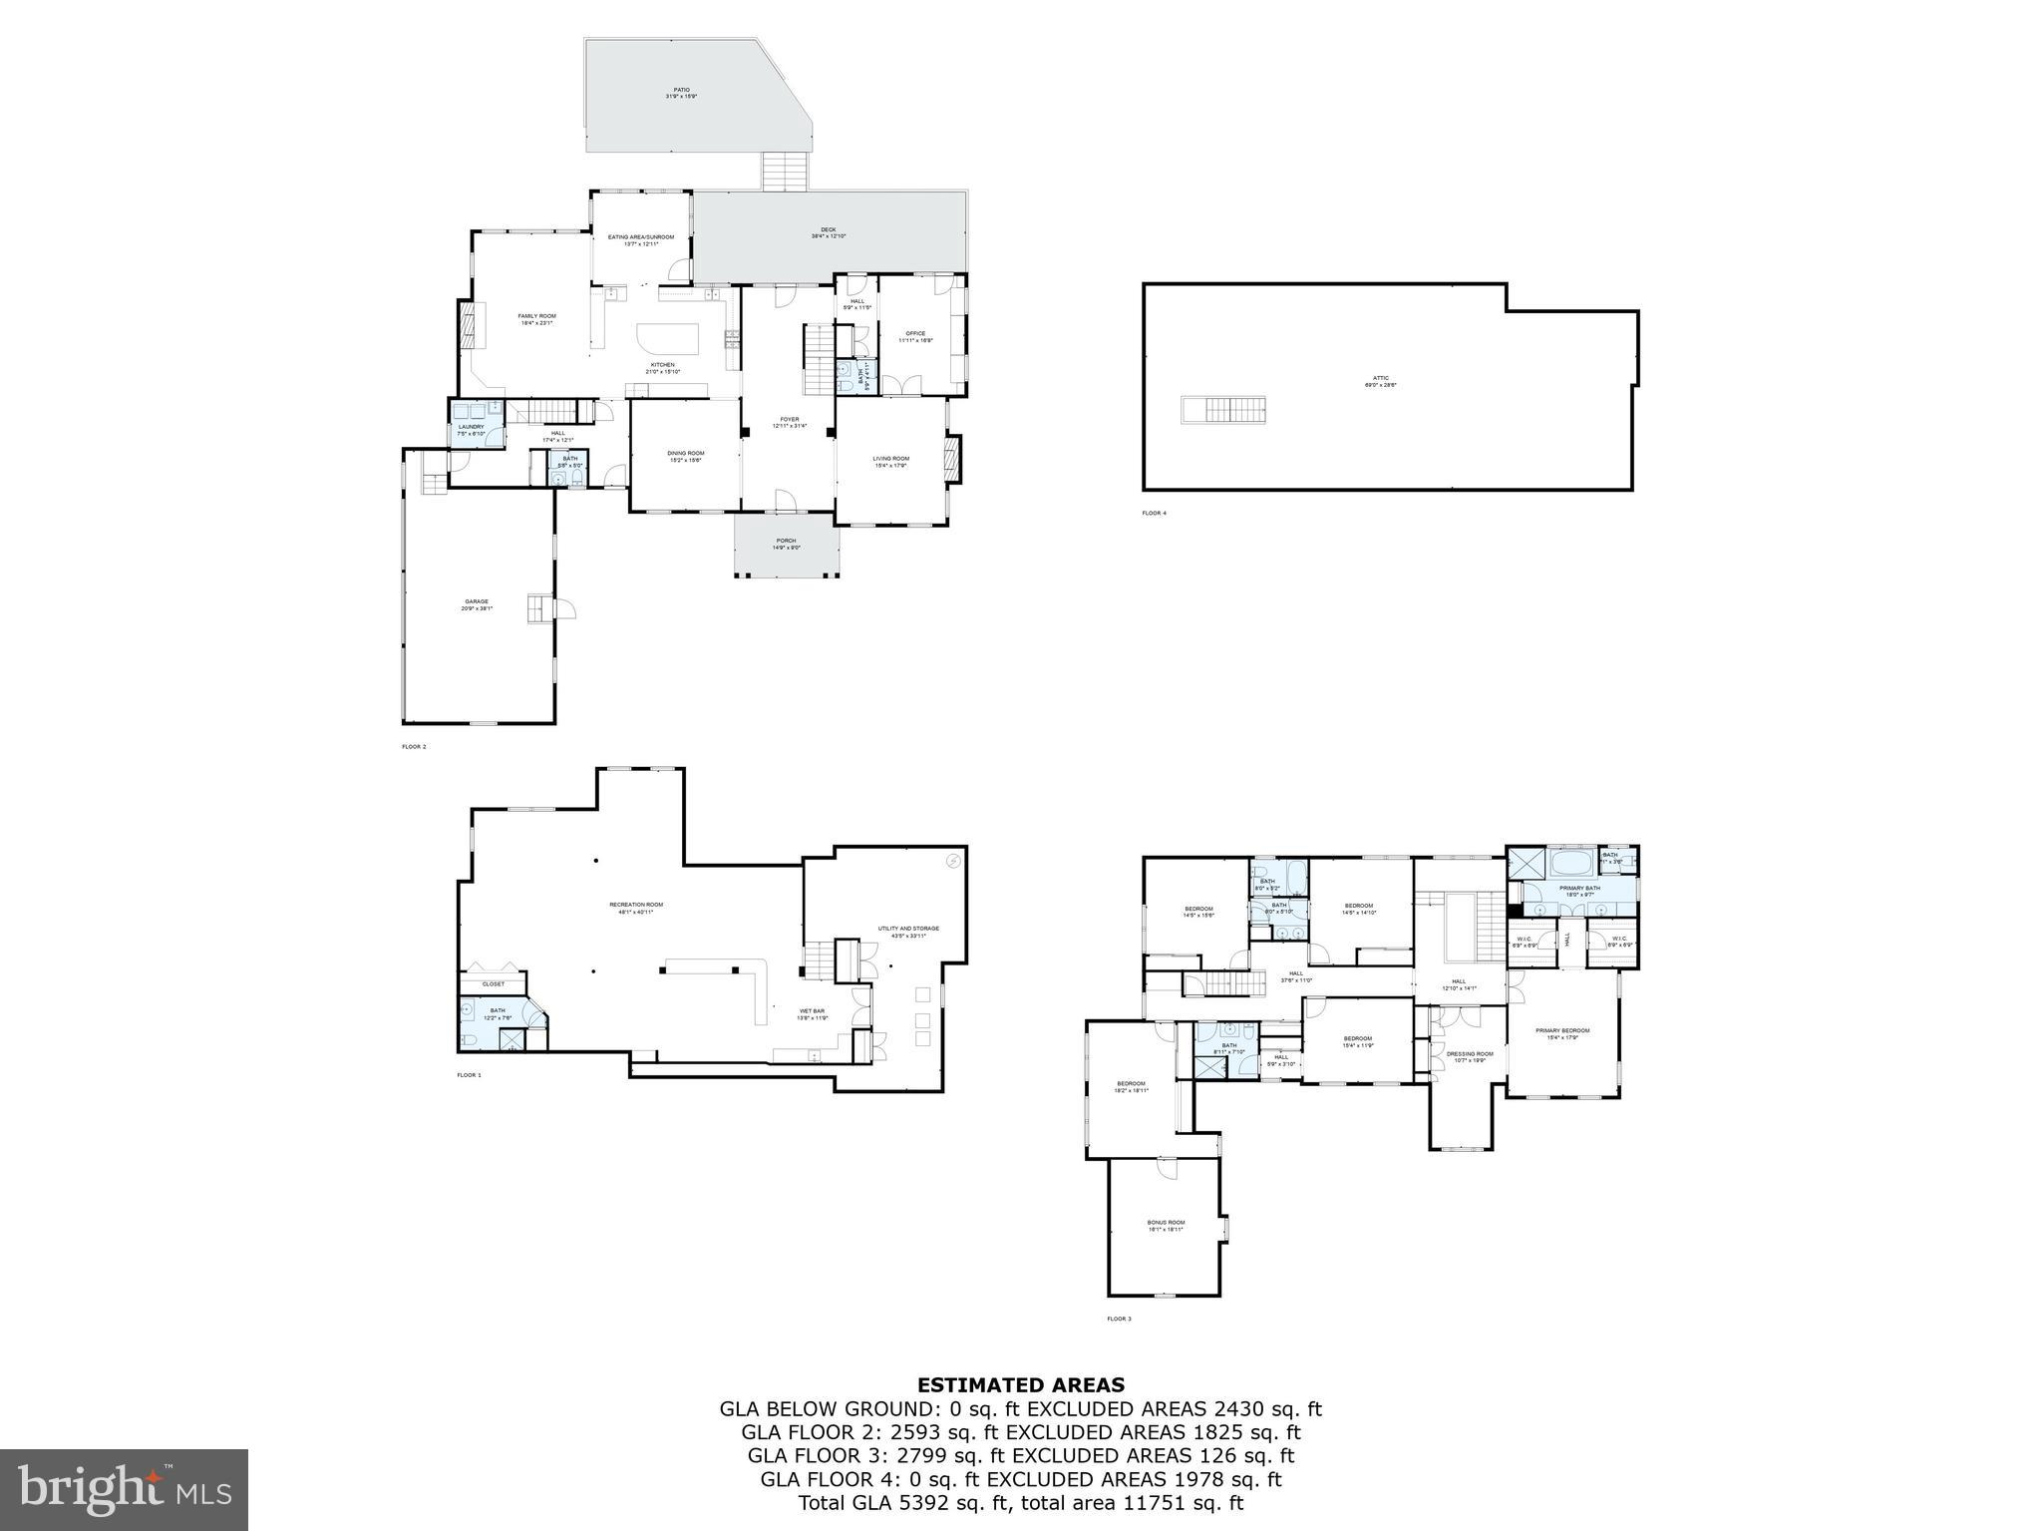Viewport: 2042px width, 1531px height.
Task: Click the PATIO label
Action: click(681, 91)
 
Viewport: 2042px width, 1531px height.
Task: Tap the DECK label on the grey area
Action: click(829, 230)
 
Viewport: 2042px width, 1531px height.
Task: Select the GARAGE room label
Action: click(477, 602)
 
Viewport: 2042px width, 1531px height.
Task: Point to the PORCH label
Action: click(787, 542)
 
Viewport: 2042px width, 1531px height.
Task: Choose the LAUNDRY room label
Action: click(471, 428)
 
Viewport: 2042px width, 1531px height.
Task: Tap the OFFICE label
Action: click(915, 334)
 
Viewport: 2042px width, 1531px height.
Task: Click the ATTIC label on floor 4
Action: click(1381, 379)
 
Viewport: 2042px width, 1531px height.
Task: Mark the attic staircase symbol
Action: click(1225, 409)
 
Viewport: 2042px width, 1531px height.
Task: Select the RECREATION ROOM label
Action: click(636, 906)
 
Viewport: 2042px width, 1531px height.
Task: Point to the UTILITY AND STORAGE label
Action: click(908, 930)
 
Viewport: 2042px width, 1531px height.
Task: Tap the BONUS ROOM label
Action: click(1166, 1224)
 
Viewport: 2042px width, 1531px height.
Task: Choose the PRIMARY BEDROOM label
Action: click(1562, 1031)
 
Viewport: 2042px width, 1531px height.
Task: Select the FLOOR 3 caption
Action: click(1119, 1319)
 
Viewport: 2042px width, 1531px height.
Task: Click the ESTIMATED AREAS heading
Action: click(1020, 1384)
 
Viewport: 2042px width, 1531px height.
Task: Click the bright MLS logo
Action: click(124, 1489)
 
